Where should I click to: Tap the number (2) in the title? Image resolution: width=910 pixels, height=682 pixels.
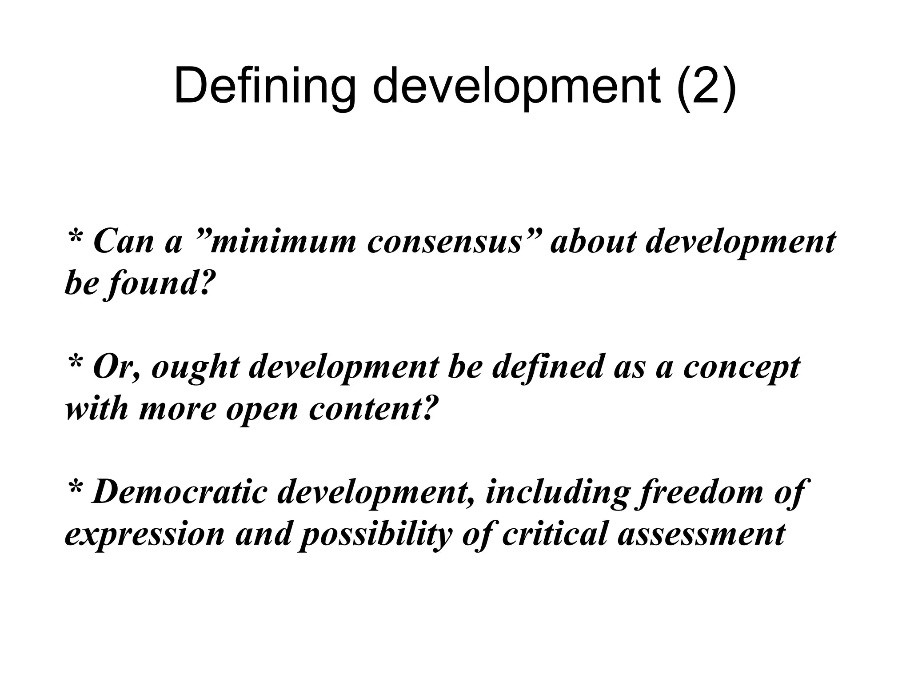pyautogui.click(x=706, y=86)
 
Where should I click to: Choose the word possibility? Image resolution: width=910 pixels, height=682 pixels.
pyautogui.click(x=375, y=534)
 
